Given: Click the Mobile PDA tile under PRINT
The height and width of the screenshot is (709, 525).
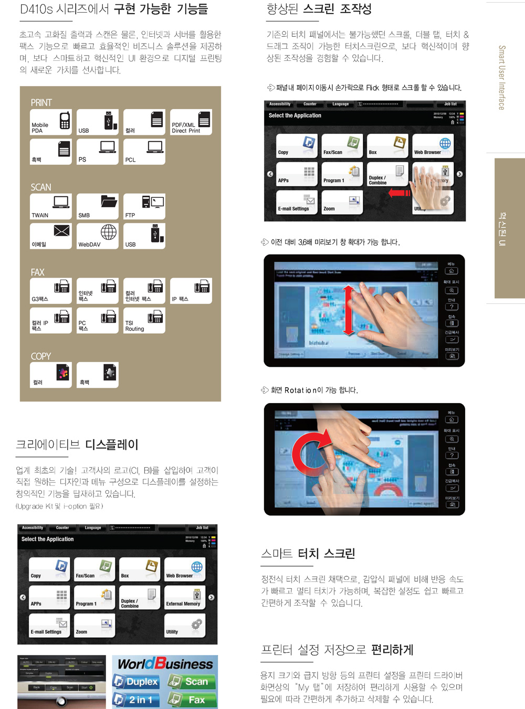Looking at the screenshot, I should click(x=51, y=122).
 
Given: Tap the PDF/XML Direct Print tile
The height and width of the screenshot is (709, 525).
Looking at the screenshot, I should click(x=191, y=122).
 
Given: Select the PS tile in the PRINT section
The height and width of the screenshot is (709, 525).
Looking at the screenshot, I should click(x=98, y=152).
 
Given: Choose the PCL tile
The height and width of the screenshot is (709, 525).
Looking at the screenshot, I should click(x=144, y=152).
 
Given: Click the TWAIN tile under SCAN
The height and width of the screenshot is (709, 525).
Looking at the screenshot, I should click(x=51, y=207).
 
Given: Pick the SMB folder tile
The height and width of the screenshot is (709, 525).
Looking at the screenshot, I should click(x=98, y=207).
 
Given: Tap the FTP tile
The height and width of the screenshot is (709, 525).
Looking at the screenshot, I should click(x=144, y=207).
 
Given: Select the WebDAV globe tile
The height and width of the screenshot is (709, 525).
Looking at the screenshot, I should click(x=98, y=236).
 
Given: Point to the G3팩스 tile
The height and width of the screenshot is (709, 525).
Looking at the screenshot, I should click(x=51, y=291).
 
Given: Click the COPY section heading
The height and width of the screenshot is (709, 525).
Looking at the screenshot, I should click(x=41, y=356).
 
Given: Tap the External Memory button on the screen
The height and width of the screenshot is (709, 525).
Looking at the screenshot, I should click(x=185, y=597).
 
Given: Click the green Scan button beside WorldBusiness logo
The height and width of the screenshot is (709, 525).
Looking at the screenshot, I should click(x=192, y=681).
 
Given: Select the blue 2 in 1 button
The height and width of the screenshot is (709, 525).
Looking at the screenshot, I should click(x=136, y=700).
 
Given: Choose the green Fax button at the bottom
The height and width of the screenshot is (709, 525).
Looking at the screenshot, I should click(x=192, y=700).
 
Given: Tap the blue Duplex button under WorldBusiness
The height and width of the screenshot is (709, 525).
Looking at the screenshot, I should click(x=136, y=681).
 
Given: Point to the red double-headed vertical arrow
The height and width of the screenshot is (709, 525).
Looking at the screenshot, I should click(x=349, y=310).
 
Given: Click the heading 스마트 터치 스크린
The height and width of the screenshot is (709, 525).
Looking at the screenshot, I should click(x=308, y=554).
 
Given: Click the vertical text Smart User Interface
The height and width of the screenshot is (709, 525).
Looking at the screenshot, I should click(x=502, y=78).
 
